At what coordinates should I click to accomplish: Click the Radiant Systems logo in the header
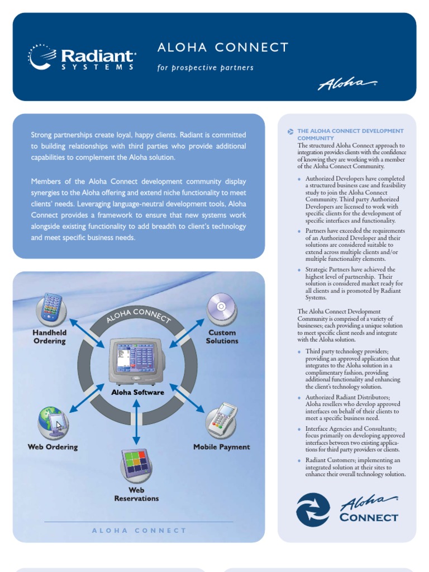(82, 57)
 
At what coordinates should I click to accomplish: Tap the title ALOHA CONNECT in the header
(223, 47)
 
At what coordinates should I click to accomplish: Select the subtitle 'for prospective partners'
(205, 68)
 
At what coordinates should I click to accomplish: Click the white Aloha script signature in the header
(346, 84)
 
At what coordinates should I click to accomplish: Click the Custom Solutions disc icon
(221, 308)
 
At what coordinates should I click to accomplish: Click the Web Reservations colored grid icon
(136, 463)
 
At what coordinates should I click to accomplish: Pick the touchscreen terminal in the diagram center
(137, 360)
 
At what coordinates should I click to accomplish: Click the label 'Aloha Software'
(137, 392)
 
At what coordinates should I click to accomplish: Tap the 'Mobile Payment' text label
(222, 447)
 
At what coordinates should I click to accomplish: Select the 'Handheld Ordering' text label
(49, 336)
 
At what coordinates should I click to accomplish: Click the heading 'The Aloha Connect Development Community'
(350, 134)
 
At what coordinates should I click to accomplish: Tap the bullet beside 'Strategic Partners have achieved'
(300, 270)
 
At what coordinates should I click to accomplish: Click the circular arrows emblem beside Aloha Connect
(313, 509)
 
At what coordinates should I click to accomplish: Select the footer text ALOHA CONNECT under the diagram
(139, 531)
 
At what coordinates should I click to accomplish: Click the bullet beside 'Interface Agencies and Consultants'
(300, 429)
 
